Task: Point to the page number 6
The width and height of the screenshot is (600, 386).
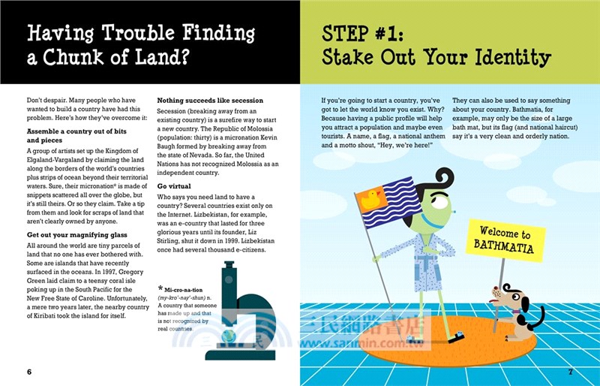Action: [x=28, y=372]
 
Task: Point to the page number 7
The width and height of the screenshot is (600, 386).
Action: [x=570, y=372]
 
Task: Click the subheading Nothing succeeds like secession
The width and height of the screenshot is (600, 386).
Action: [x=209, y=101]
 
